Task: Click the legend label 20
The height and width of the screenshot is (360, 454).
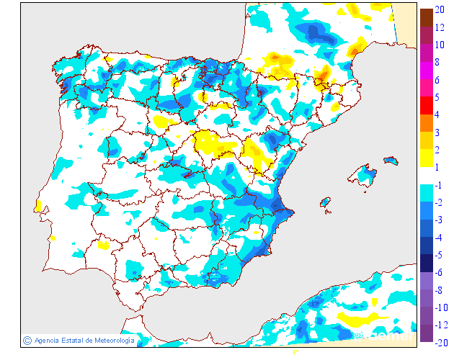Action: [x=439, y=10]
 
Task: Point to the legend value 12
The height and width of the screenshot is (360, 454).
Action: [x=439, y=27]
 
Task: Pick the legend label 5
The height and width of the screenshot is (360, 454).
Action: [x=437, y=97]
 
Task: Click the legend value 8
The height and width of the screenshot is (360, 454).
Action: [x=437, y=62]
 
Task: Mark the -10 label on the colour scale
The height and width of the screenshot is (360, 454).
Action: [x=441, y=307]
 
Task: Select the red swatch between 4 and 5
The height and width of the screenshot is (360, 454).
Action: [x=427, y=106]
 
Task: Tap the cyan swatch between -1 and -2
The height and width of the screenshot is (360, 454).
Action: [x=427, y=194]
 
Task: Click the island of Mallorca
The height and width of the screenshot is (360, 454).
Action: [x=362, y=176]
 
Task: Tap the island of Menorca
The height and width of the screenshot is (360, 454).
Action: [x=390, y=160]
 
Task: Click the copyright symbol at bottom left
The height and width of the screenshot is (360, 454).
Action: [x=27, y=340]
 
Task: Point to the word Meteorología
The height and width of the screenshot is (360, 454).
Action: [x=110, y=340]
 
